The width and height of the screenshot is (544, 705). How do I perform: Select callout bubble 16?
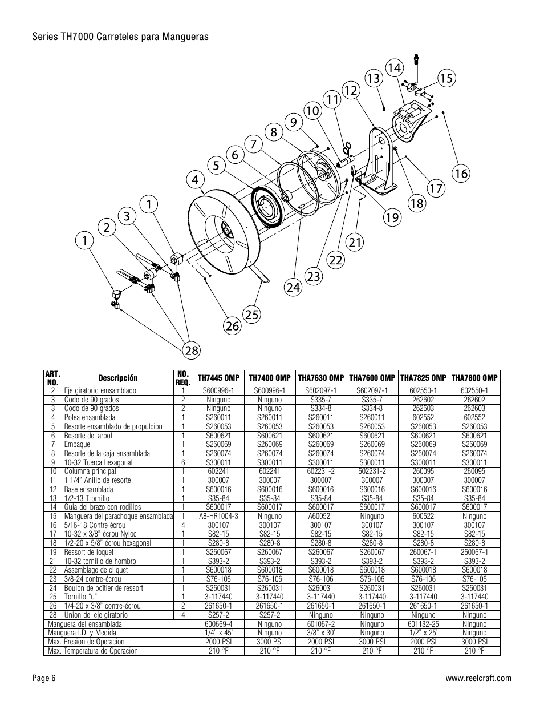click(x=461, y=172)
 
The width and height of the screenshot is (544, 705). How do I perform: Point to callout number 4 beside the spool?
click(x=196, y=180)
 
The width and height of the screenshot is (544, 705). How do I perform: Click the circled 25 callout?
click(x=251, y=313)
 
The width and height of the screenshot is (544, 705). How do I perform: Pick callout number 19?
click(x=392, y=217)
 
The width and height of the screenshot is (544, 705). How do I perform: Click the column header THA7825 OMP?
click(x=423, y=378)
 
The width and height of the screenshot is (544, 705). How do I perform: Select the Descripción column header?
click(x=118, y=378)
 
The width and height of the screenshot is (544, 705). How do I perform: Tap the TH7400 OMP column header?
click(x=269, y=378)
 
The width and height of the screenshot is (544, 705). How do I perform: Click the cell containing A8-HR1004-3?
click(x=218, y=516)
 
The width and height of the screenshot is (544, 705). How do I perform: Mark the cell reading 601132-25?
click(x=423, y=624)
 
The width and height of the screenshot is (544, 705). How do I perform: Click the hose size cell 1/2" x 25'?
click(x=423, y=633)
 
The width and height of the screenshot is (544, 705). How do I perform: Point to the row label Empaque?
click(x=77, y=444)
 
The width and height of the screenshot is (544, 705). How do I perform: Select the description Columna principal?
click(x=90, y=471)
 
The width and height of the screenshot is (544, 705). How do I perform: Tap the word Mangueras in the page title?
click(x=186, y=37)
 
